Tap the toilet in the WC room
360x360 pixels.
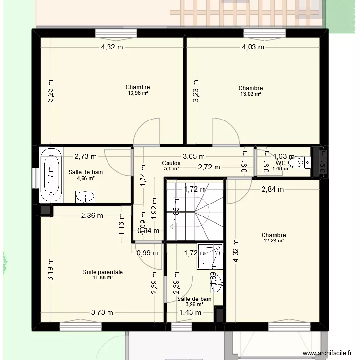(303, 163)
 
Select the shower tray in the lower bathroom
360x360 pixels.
(211, 254)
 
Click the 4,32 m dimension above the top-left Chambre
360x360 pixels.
(111, 47)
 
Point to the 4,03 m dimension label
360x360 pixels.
(253, 47)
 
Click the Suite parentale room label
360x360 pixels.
(103, 272)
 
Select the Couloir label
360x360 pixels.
(171, 163)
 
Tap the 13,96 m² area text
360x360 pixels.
(138, 93)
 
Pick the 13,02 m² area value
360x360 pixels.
(251, 94)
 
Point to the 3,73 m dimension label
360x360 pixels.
(102, 312)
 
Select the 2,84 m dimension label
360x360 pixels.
(272, 189)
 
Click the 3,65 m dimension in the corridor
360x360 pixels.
(193, 156)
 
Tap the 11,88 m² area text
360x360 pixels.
(102, 278)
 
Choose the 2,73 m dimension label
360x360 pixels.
(85, 156)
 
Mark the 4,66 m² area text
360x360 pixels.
(85, 178)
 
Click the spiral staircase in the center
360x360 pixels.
(194, 211)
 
